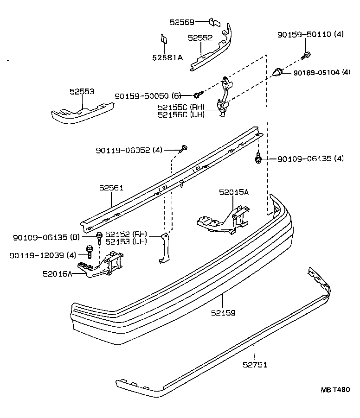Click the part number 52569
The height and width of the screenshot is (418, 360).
[182, 22]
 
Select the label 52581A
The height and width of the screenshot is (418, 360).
[167, 57]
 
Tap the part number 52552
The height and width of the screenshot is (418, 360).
[200, 38]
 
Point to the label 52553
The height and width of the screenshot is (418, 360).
[82, 92]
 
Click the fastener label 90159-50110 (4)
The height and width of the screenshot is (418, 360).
[310, 34]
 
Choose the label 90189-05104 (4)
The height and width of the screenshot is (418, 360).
[321, 72]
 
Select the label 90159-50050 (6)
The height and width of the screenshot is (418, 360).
[148, 96]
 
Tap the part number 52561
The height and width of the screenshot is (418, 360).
[111, 188]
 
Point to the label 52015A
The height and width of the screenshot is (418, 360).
[234, 192]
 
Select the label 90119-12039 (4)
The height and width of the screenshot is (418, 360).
[42, 255]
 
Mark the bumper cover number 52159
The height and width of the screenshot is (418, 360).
[223, 313]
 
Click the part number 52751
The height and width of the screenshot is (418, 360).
[255, 364]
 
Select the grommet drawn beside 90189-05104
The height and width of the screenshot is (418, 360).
[278, 72]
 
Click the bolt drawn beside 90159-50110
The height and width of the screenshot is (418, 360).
[307, 56]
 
